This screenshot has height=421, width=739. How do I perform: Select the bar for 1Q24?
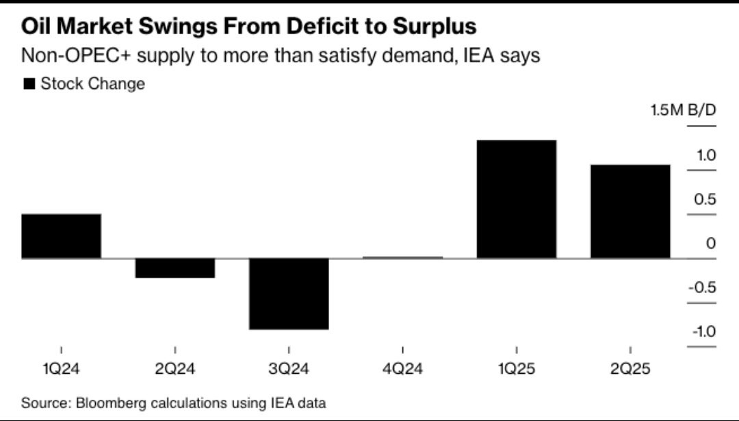coord(62,236)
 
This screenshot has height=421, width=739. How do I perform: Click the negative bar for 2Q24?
coord(175,268)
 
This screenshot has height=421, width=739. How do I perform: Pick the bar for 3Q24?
coord(289,294)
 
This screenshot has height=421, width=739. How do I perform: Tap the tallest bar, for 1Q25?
coord(517,199)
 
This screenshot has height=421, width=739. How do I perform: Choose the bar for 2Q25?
coord(630,212)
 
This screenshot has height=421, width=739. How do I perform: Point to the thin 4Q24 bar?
coord(402,257)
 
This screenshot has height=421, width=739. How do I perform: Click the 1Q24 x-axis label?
coord(61,370)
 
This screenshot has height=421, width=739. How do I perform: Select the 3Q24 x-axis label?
coord(289,370)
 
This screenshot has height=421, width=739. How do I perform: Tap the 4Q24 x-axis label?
coord(402,370)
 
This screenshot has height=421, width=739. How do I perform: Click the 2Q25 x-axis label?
coord(630,370)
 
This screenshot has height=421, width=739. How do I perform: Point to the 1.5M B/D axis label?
coord(683,112)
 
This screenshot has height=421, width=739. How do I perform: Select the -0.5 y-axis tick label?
coord(701,288)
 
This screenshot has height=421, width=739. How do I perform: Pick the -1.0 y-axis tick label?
coord(701,332)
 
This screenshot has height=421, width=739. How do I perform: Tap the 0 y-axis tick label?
coord(710,244)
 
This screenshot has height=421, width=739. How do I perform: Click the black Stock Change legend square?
coord(29,84)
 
